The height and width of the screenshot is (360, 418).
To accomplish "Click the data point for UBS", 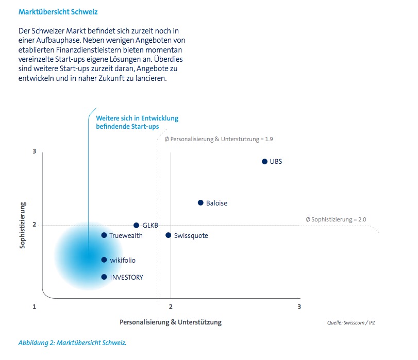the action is [264, 162].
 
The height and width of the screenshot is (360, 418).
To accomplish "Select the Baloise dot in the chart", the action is [200, 203].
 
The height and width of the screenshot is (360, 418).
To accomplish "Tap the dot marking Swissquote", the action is [168, 235].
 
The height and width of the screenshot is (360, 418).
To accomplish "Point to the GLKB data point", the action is [136, 226].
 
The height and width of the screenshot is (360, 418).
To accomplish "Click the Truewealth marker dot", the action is [104, 235].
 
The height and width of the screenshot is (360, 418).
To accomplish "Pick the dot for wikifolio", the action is [104, 260].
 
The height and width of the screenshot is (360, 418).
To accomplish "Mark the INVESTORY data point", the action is [104, 277].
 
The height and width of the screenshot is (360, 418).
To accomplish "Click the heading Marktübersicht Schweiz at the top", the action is [58, 12].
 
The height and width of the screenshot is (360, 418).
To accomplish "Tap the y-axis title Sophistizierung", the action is [22, 226].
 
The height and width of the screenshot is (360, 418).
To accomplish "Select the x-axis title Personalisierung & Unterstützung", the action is [171, 322].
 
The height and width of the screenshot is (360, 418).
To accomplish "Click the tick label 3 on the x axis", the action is [299, 307].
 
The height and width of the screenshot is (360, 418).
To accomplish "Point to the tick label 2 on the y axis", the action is [34, 225].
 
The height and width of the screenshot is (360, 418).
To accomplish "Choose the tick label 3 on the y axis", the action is [34, 151].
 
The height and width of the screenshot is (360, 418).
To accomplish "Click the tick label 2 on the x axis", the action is [171, 307].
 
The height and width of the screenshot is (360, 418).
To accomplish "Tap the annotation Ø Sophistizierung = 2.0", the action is [336, 219].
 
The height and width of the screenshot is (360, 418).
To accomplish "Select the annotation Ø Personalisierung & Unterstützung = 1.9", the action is [219, 139].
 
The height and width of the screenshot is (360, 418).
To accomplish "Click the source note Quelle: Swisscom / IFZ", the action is [351, 323].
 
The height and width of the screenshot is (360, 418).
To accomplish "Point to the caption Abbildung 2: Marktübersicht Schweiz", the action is [72, 342].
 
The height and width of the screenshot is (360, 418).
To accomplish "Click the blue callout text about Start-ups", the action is [137, 122].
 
